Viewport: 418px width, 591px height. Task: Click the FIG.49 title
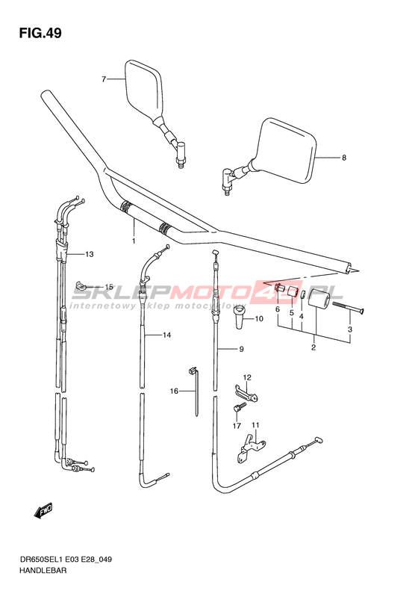pos(40,33)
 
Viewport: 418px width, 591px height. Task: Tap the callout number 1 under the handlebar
pos(134,241)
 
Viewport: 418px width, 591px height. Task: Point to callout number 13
pos(89,255)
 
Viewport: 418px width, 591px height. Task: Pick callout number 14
pos(166,335)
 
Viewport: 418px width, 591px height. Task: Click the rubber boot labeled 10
pos(239,317)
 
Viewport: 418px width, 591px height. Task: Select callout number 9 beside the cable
pos(241,350)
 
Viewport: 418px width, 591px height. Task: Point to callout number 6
pos(278,309)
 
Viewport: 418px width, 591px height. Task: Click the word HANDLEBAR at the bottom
pos(43,570)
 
